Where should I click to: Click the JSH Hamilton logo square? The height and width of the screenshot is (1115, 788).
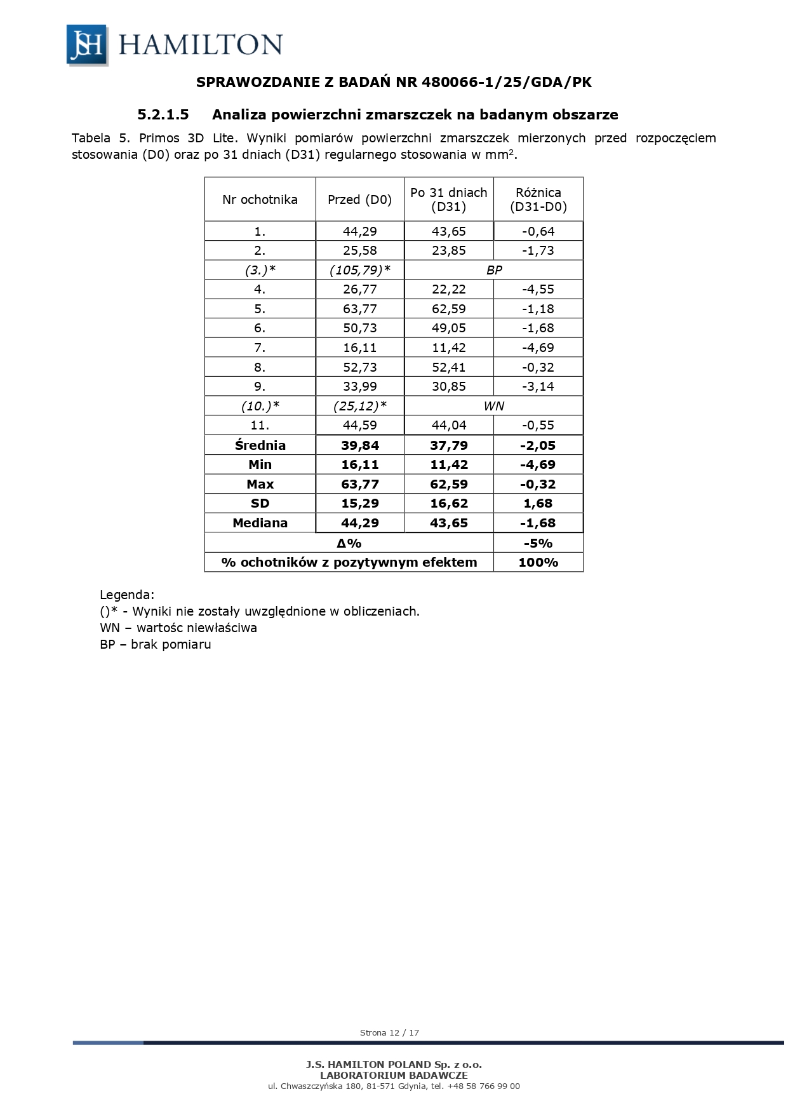(87, 44)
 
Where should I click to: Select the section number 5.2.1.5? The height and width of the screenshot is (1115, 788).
(163, 115)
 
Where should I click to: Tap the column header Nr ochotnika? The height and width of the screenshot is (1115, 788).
(260, 199)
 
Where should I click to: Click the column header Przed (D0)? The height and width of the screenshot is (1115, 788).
(359, 199)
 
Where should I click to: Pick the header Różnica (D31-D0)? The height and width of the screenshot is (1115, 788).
(538, 199)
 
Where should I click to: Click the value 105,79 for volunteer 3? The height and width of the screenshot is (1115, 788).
(359, 270)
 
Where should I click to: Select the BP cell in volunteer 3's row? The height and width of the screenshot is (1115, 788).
(493, 270)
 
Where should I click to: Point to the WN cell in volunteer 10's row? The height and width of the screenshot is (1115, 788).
(493, 406)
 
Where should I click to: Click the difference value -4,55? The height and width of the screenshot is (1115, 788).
(538, 289)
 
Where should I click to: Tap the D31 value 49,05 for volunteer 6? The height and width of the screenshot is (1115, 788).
(448, 328)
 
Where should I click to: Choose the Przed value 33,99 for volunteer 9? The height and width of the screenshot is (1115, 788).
(359, 386)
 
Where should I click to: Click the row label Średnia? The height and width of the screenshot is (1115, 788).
(260, 445)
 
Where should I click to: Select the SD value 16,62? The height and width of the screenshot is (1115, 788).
(448, 503)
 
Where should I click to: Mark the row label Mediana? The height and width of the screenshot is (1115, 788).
(260, 523)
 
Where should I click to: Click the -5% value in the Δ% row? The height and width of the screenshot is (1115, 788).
(538, 543)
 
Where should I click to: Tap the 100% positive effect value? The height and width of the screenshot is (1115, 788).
(538, 562)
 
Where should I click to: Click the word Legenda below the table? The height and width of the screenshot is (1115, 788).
(127, 595)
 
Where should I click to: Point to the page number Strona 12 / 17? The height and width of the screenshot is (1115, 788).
(389, 1032)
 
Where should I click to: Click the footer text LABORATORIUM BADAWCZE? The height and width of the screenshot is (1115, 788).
(394, 1075)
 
